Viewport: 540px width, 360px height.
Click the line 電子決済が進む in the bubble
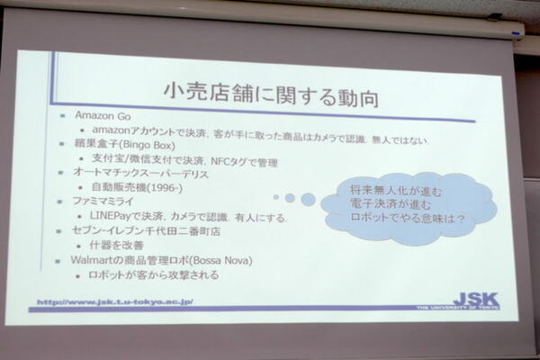pyautogui.click(x=400, y=204)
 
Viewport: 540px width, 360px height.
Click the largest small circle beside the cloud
pyautogui.click(x=308, y=198)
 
